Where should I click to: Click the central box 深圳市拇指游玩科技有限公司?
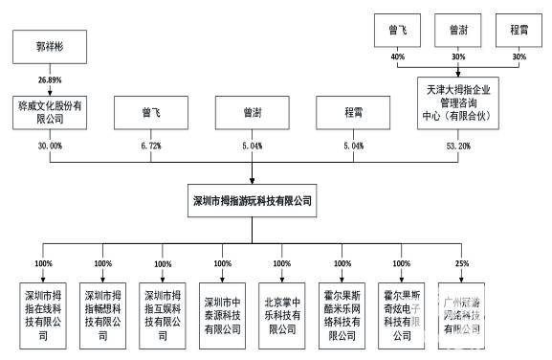point(253,202)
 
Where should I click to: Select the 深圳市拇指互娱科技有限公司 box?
point(162,310)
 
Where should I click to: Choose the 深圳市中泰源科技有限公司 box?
point(223,310)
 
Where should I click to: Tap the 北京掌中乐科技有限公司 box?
point(283,310)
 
